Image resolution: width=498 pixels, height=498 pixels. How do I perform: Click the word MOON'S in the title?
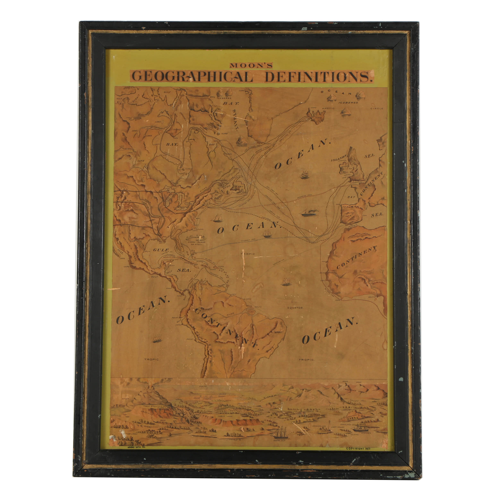pos(251,66)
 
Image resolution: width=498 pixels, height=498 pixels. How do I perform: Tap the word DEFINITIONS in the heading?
pos(319,77)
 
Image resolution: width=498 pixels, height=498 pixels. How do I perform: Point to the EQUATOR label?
pos(295,308)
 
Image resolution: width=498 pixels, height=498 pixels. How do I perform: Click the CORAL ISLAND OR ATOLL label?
pos(197,243)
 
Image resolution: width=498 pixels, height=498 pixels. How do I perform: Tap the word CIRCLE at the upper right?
pos(377,109)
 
